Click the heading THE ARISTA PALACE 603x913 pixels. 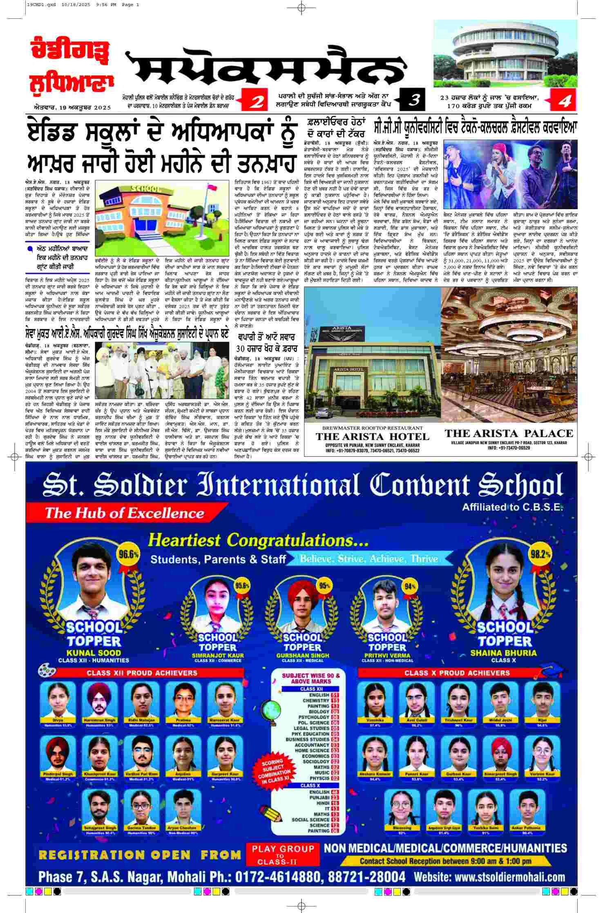tap(509, 433)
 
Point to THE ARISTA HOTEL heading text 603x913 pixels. tap(372, 437)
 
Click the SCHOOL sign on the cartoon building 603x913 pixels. tap(144, 188)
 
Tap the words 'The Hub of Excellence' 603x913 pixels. tap(124, 513)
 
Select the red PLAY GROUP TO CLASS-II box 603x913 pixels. tap(283, 855)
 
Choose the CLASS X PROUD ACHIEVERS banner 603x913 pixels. tap(457, 673)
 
